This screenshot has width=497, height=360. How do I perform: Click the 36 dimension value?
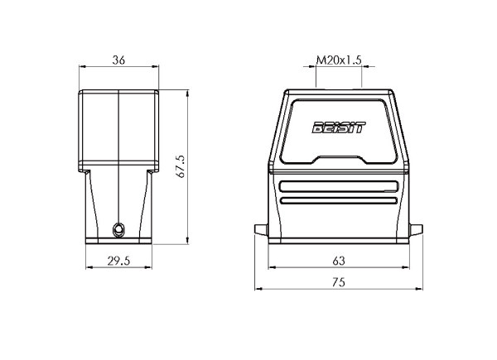pyautogui.click(x=118, y=60)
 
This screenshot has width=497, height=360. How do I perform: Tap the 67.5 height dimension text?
pyautogui.click(x=181, y=166)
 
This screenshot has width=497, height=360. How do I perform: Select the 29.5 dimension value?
pyautogui.click(x=118, y=261)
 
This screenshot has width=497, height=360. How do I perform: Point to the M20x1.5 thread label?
pyautogui.click(x=339, y=60)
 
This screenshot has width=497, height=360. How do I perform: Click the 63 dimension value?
pyautogui.click(x=339, y=261)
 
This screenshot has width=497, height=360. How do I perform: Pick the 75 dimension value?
pyautogui.click(x=339, y=282)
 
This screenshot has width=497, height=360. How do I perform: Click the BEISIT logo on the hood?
pyautogui.click(x=339, y=127)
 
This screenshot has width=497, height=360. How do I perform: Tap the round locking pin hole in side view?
pyautogui.click(x=118, y=229)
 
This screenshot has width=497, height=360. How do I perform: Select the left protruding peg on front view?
pyautogui.click(x=262, y=229)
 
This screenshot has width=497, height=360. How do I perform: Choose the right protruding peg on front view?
pyautogui.click(x=416, y=229)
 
